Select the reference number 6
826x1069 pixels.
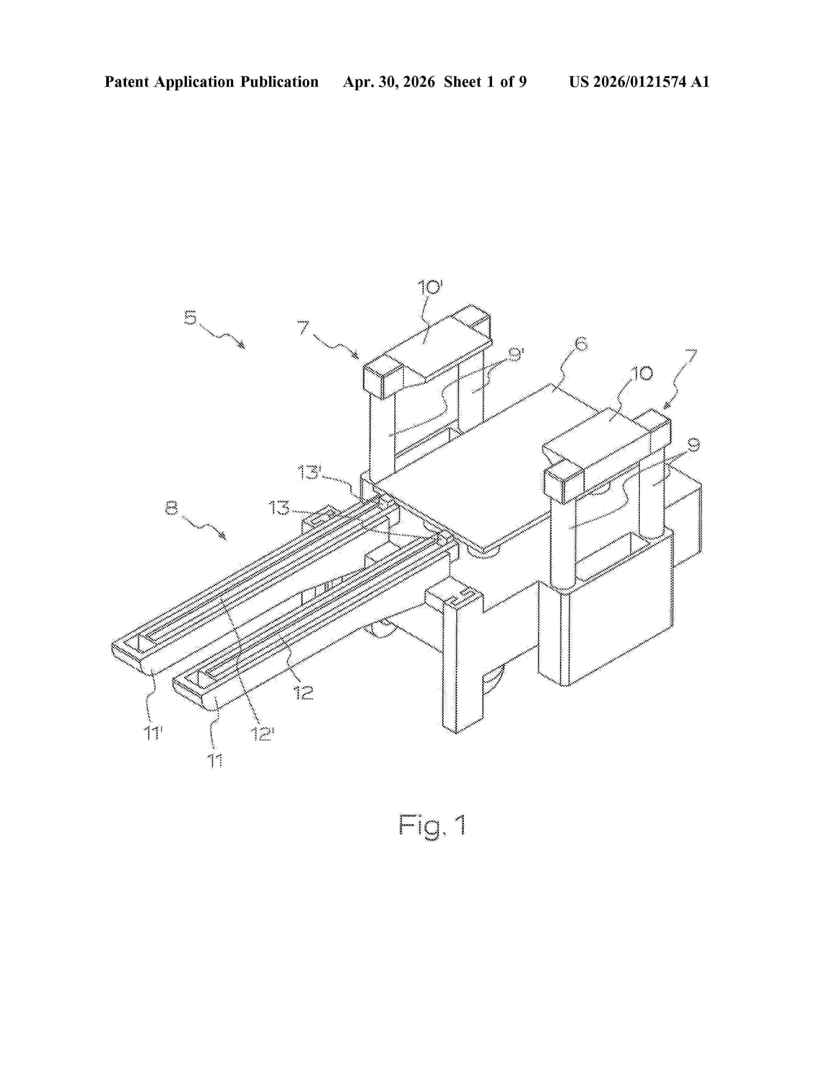[x=580, y=345]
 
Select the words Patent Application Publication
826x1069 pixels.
[x=212, y=82]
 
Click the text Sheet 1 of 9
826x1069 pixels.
[x=486, y=82]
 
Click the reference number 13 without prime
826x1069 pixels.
[x=279, y=508]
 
